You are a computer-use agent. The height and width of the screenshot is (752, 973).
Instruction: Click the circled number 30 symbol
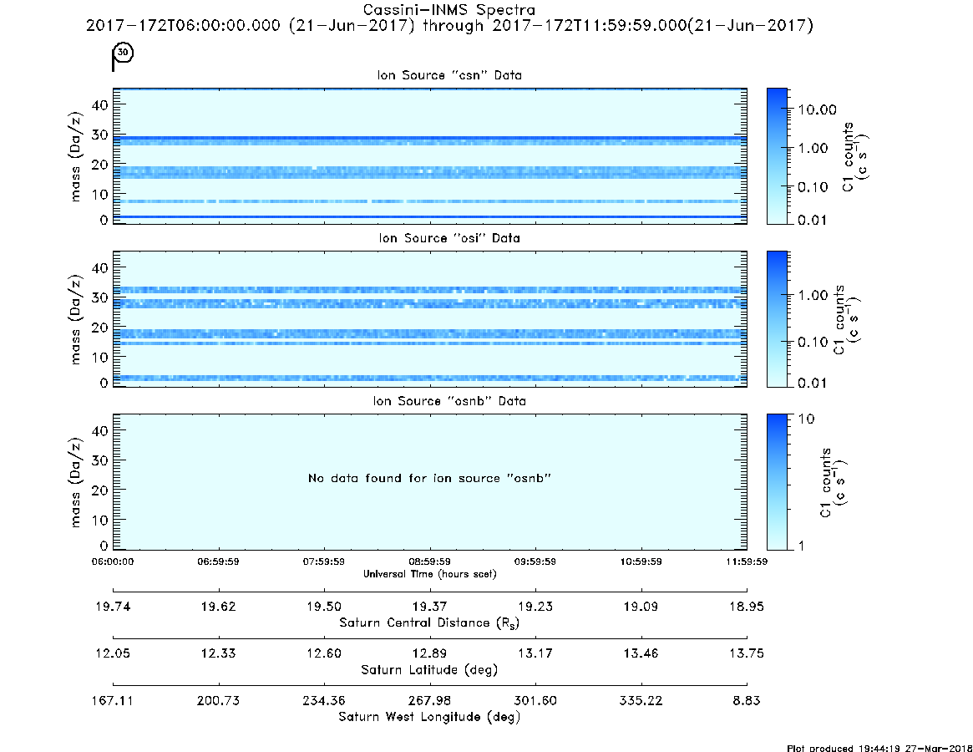[x=124, y=52]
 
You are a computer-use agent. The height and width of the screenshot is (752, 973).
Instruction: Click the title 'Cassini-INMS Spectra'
[x=448, y=10]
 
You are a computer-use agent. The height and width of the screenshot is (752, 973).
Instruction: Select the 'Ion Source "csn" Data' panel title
[x=449, y=75]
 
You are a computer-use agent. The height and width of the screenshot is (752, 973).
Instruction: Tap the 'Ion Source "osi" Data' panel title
[x=449, y=238]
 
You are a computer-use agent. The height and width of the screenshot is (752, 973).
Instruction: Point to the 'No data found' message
[x=429, y=478]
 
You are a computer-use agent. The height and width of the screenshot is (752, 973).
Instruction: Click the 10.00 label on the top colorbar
[x=817, y=110]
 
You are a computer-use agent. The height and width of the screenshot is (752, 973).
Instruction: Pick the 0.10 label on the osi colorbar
[x=813, y=342]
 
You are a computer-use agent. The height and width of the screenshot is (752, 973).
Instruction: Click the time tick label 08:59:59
[x=429, y=561]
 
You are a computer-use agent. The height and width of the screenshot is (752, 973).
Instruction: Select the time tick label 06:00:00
[x=113, y=561]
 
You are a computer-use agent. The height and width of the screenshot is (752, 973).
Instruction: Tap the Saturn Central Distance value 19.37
[x=429, y=607]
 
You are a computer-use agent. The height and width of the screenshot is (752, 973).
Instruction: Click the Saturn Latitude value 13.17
[x=535, y=653]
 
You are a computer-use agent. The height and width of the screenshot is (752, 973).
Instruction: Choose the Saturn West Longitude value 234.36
[x=324, y=700]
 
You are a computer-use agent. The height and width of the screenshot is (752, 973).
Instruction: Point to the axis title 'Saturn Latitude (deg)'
[x=429, y=670]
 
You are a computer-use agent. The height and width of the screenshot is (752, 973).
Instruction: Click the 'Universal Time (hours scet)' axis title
[x=429, y=574]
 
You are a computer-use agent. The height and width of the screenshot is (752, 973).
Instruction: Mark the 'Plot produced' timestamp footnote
[x=879, y=748]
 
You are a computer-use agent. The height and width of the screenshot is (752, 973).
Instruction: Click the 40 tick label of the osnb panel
[x=100, y=430]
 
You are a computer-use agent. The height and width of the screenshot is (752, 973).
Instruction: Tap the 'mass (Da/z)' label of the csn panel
[x=75, y=157]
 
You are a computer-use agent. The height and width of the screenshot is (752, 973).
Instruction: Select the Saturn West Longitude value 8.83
[x=747, y=700]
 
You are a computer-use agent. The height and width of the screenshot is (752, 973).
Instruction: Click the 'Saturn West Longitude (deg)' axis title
[x=429, y=717]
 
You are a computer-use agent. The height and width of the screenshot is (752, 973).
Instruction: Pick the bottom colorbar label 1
[x=801, y=546]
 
